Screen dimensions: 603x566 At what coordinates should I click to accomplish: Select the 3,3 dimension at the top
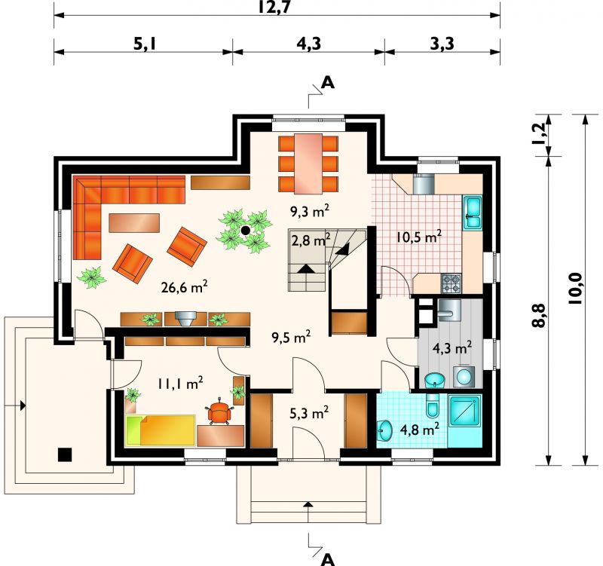[442, 44]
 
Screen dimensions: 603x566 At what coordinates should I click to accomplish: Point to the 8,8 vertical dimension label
[539, 315]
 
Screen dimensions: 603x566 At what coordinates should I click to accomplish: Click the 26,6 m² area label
[185, 286]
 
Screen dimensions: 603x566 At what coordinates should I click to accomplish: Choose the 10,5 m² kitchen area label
[419, 237]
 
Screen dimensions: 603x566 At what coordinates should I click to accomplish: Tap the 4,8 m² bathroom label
[420, 429]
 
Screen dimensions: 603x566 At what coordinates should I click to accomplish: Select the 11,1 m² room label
[180, 383]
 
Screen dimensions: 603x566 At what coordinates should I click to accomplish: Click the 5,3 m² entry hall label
[309, 413]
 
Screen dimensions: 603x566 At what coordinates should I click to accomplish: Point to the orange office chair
[219, 411]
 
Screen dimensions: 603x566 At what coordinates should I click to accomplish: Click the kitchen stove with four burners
[451, 283]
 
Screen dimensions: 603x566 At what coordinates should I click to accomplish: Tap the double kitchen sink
[473, 213]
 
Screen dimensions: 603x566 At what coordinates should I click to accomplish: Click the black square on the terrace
[65, 454]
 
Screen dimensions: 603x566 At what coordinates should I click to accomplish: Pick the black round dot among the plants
[244, 231]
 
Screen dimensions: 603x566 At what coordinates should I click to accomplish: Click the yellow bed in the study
[161, 430]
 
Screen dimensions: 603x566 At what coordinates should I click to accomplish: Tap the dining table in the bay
[308, 164]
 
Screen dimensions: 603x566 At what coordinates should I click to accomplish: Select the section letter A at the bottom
[327, 559]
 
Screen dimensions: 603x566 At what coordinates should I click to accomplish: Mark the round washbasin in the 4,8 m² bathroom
[384, 430]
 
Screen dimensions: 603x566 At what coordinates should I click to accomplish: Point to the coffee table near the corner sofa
[134, 222]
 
